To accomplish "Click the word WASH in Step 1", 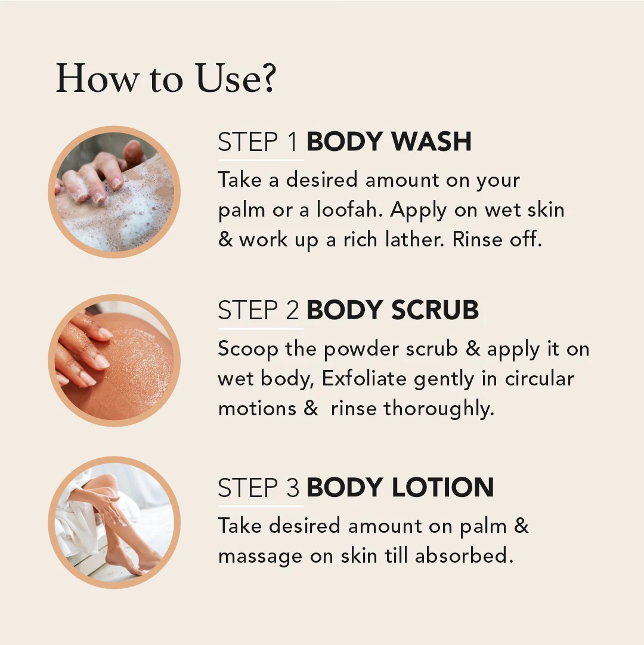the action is [431, 141].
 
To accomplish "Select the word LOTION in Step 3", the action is [442, 487].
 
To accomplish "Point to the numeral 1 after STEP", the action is [292, 142].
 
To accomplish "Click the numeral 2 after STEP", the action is [292, 310].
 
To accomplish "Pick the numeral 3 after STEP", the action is [293, 488].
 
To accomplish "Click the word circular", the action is [539, 378].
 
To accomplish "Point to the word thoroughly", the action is [439, 409].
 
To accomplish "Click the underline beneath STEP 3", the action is [261, 507].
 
